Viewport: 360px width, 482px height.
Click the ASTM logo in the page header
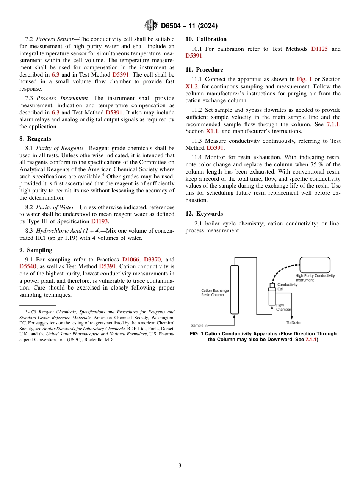tap(151, 26)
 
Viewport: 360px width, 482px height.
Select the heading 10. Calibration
tap(206, 39)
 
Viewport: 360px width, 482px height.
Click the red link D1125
tap(319, 49)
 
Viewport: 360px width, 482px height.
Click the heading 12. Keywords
tap(204, 214)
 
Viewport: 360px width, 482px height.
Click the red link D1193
tap(100, 221)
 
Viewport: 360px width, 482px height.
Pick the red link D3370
tap(153, 260)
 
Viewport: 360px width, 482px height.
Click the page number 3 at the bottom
tap(180, 465)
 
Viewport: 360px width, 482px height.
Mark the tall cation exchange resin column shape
tap(235, 290)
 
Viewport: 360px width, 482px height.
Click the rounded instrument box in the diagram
tap(315, 264)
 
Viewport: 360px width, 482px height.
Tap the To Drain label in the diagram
tap(293, 323)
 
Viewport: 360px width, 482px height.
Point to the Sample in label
tap(199, 325)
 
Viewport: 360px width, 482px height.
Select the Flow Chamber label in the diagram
tap(283, 307)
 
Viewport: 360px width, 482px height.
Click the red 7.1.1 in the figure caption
tap(311, 340)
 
